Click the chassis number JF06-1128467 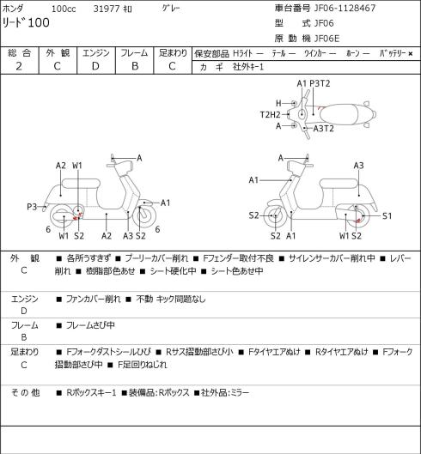click(x=345, y=8)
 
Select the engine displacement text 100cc click(x=64, y=9)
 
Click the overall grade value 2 click(x=19, y=66)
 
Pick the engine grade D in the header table click(x=95, y=66)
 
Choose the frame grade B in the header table click(x=135, y=66)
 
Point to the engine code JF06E click(x=326, y=39)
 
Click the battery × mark click(x=411, y=53)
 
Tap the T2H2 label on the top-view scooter click(x=270, y=115)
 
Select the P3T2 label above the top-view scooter click(x=320, y=84)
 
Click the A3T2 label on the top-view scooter click(x=324, y=128)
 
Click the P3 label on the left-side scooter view click(x=32, y=207)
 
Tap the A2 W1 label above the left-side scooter click(x=69, y=166)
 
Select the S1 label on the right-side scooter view click(x=387, y=216)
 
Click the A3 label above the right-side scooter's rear click(x=358, y=166)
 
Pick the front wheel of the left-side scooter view click(x=144, y=216)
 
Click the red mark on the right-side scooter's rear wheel click(x=358, y=221)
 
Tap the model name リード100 click(x=26, y=23)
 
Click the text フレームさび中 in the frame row click(x=90, y=325)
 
